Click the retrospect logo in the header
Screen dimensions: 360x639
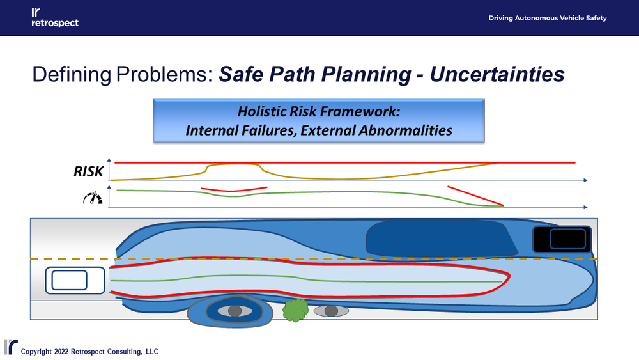point(54,18)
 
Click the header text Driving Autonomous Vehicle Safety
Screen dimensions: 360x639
point(548,18)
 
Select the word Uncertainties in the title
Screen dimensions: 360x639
point(497,74)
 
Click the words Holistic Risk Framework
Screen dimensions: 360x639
point(318,111)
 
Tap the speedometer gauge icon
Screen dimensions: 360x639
point(93,198)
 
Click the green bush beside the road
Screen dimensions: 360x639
point(295,309)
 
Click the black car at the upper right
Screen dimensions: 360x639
point(562,239)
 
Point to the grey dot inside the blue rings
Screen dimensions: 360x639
point(235,311)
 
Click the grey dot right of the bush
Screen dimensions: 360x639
point(330,311)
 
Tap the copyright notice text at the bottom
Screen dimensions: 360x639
point(89,352)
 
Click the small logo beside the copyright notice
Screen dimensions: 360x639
point(10,347)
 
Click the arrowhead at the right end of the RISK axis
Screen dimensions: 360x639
point(585,182)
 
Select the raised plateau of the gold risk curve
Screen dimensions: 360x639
point(233,164)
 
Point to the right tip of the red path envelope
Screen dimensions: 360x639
point(509,278)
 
